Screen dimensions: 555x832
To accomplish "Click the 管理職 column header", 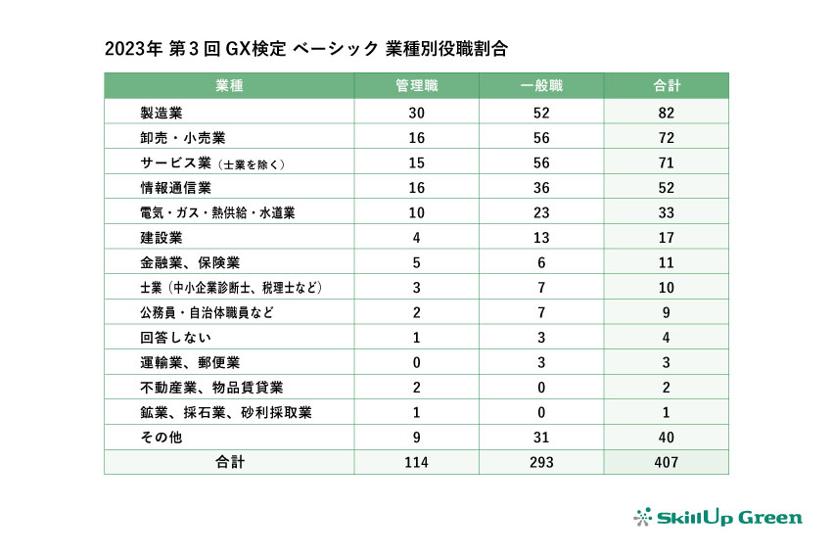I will point(416,85).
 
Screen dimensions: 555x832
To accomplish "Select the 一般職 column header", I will point(540,85).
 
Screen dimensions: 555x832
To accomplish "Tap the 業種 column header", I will point(229,85).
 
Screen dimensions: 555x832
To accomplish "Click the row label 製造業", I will point(162,112).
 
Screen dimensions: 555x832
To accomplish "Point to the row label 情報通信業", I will point(176,187).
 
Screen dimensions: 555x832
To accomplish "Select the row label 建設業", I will point(162,237).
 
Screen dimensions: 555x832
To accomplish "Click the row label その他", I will point(162,438).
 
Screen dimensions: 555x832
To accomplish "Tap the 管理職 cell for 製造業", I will point(416,112).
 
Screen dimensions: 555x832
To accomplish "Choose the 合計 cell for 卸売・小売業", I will point(666,137).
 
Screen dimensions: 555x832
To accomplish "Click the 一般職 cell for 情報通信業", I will point(540,187).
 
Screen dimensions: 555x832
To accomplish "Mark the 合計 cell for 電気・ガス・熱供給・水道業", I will point(666,212).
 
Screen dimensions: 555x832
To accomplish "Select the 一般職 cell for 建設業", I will point(540,237).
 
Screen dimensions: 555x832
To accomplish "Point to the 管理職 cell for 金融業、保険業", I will point(416,262).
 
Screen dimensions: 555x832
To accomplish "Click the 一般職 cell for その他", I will point(540,438).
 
